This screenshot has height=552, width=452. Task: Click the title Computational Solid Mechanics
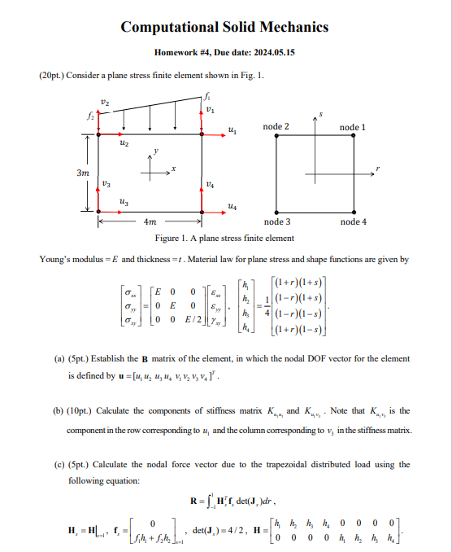coord(225,27)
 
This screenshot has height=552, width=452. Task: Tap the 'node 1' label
coord(352,128)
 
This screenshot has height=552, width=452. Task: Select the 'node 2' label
coord(276,128)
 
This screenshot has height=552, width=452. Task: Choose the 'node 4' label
coord(353,221)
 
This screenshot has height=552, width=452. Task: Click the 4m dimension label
coord(150,221)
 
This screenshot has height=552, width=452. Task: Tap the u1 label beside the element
coord(233,130)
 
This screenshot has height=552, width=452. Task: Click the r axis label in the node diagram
coord(378,171)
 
